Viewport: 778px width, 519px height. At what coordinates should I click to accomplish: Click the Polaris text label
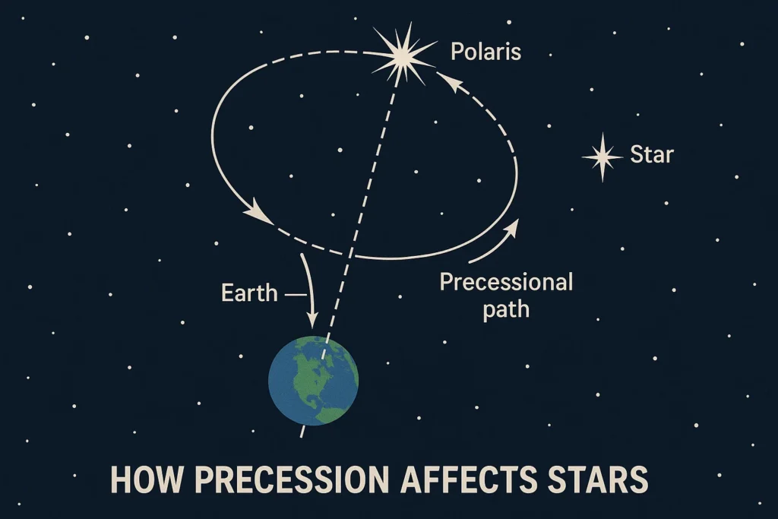[485, 52]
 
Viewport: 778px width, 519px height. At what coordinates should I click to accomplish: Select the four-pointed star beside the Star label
[602, 157]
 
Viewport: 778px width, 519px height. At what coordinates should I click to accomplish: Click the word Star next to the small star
[652, 155]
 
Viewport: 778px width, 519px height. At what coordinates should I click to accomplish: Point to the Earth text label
[249, 293]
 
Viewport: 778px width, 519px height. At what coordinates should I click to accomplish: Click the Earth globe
[313, 379]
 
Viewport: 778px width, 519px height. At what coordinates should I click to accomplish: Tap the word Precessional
[506, 283]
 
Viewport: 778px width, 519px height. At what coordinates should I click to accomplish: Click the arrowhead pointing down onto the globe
[312, 319]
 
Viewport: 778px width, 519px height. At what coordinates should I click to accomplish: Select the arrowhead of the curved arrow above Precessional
[514, 226]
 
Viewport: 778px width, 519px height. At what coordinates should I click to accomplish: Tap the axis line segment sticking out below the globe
[303, 432]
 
